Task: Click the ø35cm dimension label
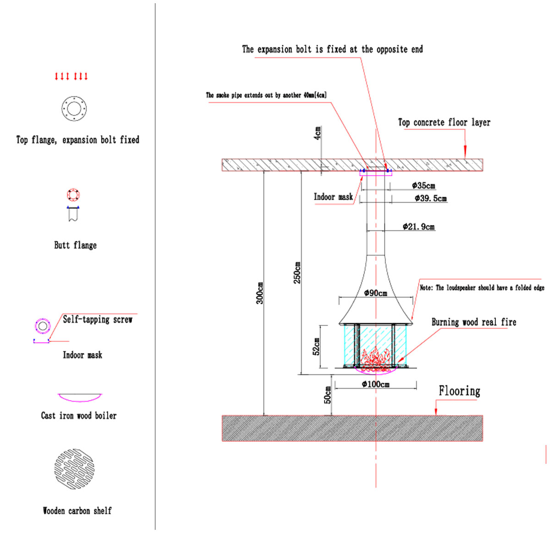[x=423, y=186]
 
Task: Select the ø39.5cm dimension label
[x=430, y=198]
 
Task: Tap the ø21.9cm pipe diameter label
[x=418, y=226]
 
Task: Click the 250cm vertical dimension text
[x=297, y=273]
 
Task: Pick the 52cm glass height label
[x=316, y=346]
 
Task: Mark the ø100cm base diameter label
[x=375, y=384]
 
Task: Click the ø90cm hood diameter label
[x=375, y=293]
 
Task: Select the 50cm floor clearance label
[x=328, y=395]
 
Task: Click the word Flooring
[x=459, y=391]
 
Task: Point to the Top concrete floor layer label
[x=444, y=122]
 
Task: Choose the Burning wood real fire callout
[x=473, y=322]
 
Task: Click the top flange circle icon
[x=74, y=109]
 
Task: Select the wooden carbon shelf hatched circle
[x=75, y=469]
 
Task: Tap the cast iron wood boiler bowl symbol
[x=79, y=397]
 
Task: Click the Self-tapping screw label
[x=98, y=319]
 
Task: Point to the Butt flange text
[x=75, y=245]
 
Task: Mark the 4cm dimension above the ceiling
[x=318, y=133]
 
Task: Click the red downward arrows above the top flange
[x=71, y=76]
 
